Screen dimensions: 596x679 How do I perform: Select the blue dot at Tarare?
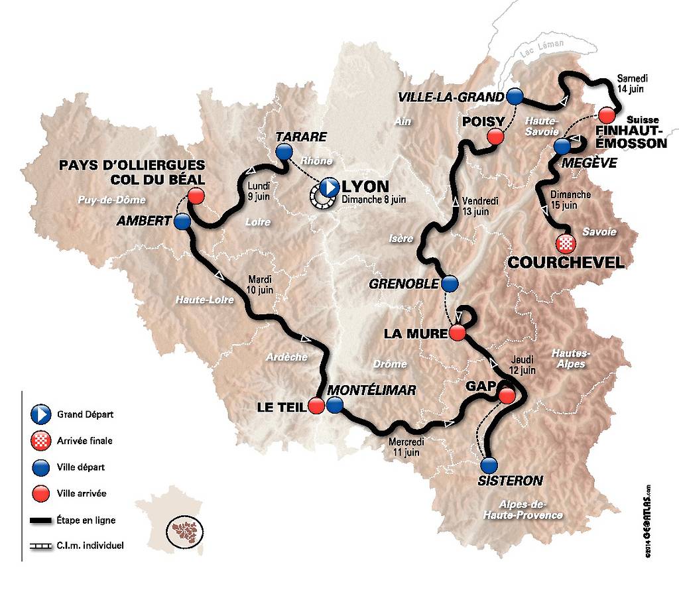284,152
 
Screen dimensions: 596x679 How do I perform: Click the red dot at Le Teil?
316,406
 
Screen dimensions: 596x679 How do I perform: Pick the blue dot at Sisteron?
489,464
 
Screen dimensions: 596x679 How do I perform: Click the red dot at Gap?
507,396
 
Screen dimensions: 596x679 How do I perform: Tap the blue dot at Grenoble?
450,284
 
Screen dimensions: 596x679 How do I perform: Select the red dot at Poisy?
495,137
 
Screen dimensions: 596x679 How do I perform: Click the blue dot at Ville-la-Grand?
515,96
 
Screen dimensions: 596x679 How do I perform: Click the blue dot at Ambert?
182,221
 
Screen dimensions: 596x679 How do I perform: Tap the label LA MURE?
412,333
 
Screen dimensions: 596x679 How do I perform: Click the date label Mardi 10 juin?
261,284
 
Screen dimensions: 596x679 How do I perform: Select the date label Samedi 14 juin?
630,83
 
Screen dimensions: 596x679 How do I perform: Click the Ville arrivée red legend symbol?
40,493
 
